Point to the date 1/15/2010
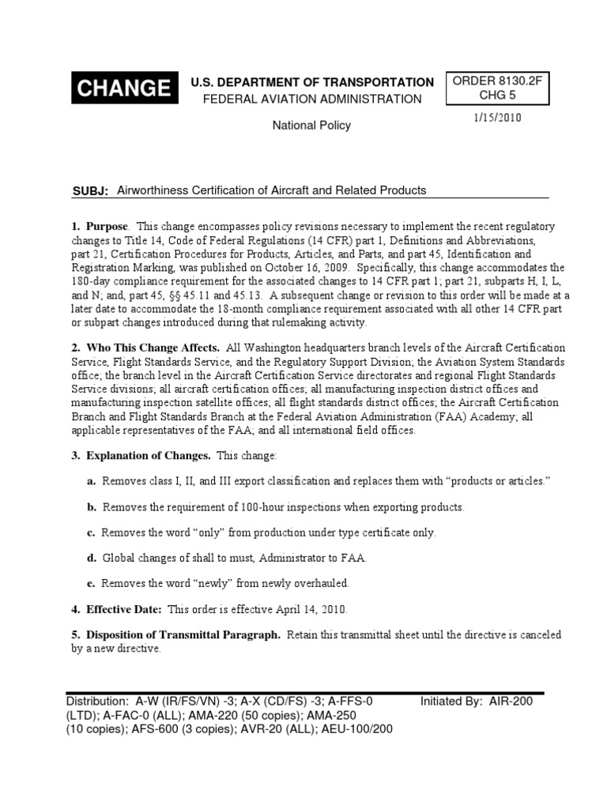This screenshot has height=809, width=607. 498,118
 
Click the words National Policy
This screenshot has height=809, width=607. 311,125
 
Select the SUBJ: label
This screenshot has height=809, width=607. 89,191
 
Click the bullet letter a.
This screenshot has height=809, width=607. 92,481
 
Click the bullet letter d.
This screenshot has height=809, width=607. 92,558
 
